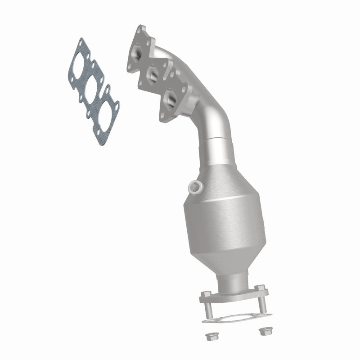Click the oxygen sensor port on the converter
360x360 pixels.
pos(194,188)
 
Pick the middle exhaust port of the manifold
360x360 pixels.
pos(153,75)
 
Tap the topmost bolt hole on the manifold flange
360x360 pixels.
pos(141,30)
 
